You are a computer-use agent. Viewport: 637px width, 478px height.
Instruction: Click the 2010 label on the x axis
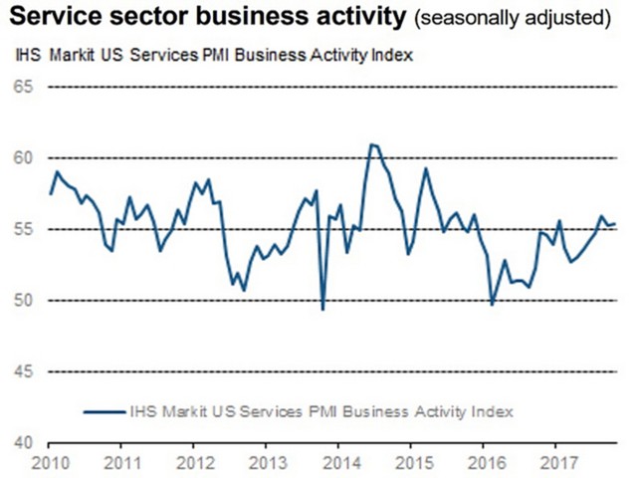pyautogui.click(x=50, y=463)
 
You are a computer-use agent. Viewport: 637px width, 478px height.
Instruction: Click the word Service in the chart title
pyautogui.click(x=51, y=18)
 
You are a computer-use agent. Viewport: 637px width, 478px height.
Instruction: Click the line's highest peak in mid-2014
pyautogui.click(x=372, y=145)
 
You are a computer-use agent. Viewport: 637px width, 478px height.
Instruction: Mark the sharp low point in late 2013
pyautogui.click(x=322, y=310)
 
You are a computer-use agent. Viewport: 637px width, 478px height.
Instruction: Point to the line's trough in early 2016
pyautogui.click(x=492, y=304)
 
